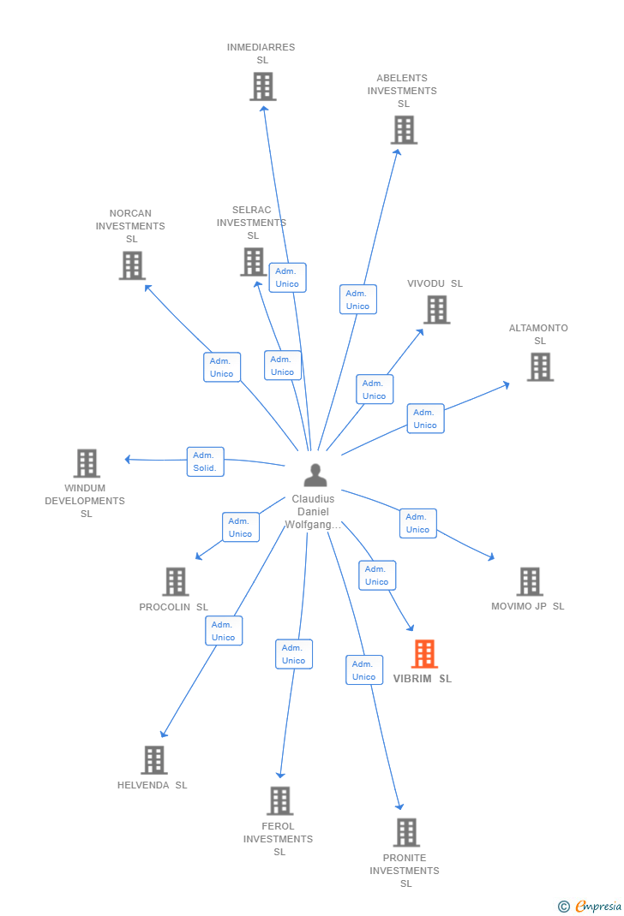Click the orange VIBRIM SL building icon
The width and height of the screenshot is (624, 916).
tap(424, 654)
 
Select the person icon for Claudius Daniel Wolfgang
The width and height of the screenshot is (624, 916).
tap(315, 475)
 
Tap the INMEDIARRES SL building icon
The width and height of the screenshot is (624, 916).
tap(263, 86)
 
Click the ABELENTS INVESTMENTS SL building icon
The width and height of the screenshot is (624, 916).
tap(404, 129)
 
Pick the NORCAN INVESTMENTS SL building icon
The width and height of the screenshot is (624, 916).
tap(132, 265)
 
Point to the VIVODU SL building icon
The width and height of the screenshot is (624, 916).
tap(437, 310)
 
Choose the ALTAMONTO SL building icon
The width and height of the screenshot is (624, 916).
tap(540, 367)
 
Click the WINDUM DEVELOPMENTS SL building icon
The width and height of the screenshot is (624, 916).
tap(87, 463)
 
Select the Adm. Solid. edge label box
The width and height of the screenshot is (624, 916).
tap(205, 461)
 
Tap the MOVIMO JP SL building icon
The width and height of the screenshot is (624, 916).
tap(530, 582)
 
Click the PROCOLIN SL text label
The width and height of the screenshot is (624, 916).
tap(174, 607)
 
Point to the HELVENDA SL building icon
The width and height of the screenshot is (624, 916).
tap(154, 760)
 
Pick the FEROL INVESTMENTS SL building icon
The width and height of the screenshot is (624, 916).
tap(280, 801)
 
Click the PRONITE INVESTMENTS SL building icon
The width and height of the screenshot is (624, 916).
tap(406, 832)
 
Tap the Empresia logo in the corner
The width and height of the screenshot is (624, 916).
tap(590, 906)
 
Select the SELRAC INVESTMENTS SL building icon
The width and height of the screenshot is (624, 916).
tap(254, 262)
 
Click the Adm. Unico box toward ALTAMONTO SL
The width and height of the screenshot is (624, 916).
tap(426, 419)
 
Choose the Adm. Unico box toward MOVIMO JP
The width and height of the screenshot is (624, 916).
tap(418, 523)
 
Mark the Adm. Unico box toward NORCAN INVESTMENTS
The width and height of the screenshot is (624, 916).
tap(222, 367)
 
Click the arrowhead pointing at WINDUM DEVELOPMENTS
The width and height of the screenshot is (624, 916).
tap(128, 459)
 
